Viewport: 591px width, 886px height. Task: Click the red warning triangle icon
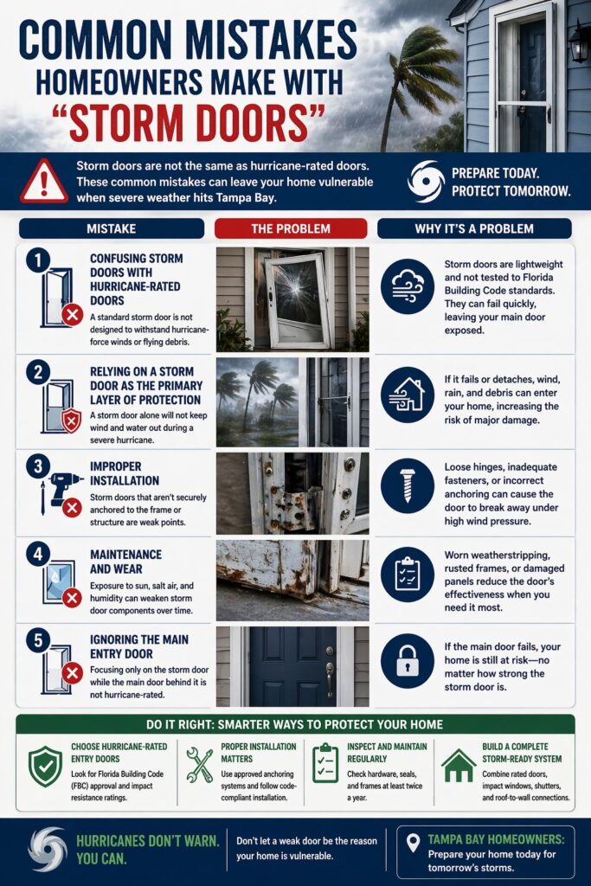(x=42, y=181)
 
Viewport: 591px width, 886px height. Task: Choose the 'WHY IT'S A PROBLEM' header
(x=474, y=228)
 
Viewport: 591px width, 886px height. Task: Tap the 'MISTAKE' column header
(x=111, y=228)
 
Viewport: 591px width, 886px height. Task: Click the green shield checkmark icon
(x=45, y=766)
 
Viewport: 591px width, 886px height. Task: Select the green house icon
(x=458, y=766)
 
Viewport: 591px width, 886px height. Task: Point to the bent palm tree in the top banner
(x=415, y=74)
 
